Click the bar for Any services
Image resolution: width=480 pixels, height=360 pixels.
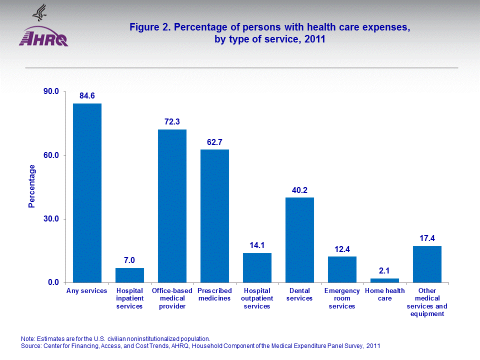(x=87, y=192)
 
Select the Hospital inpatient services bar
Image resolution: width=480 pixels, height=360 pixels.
(x=129, y=275)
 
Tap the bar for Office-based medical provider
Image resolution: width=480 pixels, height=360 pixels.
(x=172, y=205)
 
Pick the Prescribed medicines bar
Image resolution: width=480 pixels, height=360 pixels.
(x=214, y=215)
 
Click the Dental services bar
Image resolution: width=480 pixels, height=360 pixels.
(x=299, y=239)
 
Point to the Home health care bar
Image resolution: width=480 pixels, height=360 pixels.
(x=384, y=280)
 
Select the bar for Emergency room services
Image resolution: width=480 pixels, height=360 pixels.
(x=342, y=269)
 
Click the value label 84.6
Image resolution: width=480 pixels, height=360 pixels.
(x=87, y=95)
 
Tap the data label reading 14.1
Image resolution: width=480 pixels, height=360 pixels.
(x=257, y=245)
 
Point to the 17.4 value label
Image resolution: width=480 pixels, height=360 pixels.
(x=427, y=238)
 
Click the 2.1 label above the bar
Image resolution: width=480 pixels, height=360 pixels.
(x=384, y=270)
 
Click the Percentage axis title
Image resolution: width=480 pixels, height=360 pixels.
(x=32, y=186)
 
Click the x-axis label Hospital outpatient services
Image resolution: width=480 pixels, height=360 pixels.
(x=257, y=298)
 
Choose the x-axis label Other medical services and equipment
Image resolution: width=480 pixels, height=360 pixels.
(x=427, y=302)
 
